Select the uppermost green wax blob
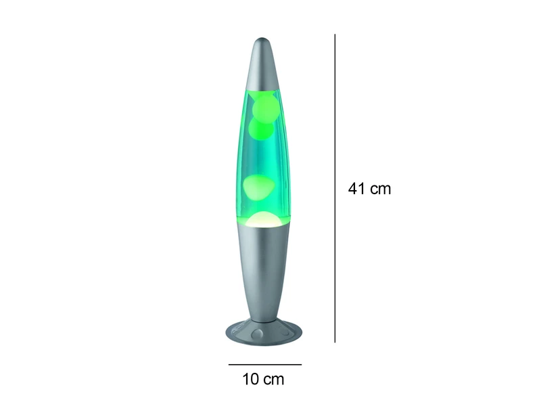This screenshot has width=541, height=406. (x=264, y=106)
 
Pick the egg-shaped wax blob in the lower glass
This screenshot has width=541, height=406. (x=260, y=186)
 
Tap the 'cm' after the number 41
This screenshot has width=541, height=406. (x=380, y=189)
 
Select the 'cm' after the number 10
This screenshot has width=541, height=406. (x=274, y=380)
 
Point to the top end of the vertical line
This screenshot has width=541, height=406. (x=335, y=35)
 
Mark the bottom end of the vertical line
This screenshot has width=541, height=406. (x=335, y=342)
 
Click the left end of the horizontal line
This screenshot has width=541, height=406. (x=229, y=365)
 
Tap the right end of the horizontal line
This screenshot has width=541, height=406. (x=301, y=365)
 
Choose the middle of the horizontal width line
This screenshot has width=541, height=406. (x=264, y=365)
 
